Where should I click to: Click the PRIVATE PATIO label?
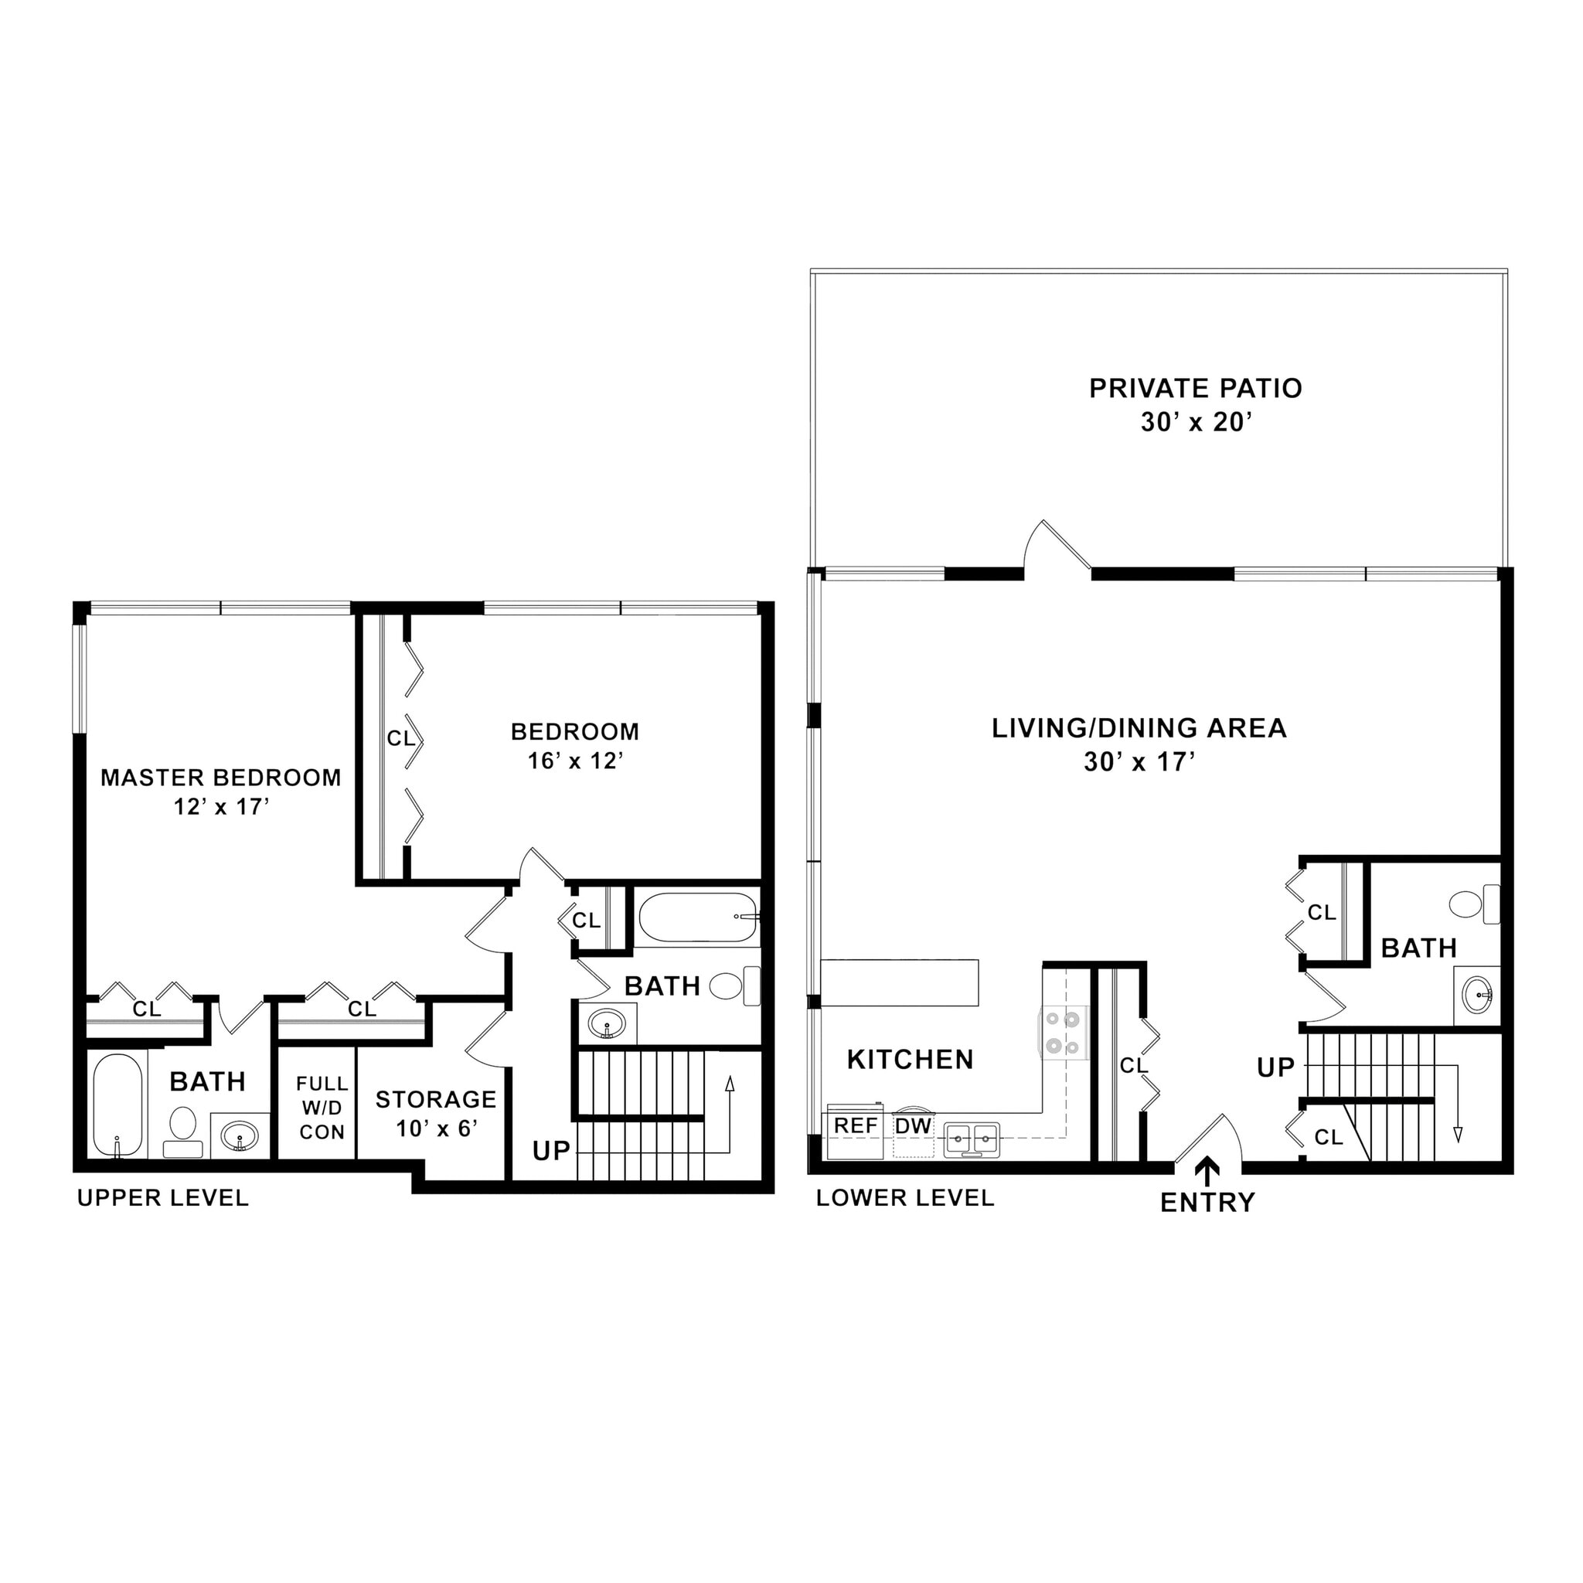click(x=1195, y=388)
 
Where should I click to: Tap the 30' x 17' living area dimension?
click(x=1139, y=763)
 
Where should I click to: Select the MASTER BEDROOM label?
click(x=220, y=778)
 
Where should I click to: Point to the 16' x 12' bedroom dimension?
click(x=575, y=761)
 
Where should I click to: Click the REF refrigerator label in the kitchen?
click(x=856, y=1125)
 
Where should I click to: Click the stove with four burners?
click(x=1063, y=1032)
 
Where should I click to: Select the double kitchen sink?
click(x=972, y=1138)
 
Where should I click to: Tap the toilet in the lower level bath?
click(x=1473, y=904)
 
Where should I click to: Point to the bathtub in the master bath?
click(x=117, y=1105)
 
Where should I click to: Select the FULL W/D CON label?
click(x=322, y=1108)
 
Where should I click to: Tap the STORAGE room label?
click(x=436, y=1100)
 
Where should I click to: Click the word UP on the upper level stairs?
click(x=550, y=1151)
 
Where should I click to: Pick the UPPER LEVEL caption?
click(x=162, y=1198)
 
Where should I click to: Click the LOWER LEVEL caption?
click(x=904, y=1198)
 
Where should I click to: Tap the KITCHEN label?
click(x=910, y=1060)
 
